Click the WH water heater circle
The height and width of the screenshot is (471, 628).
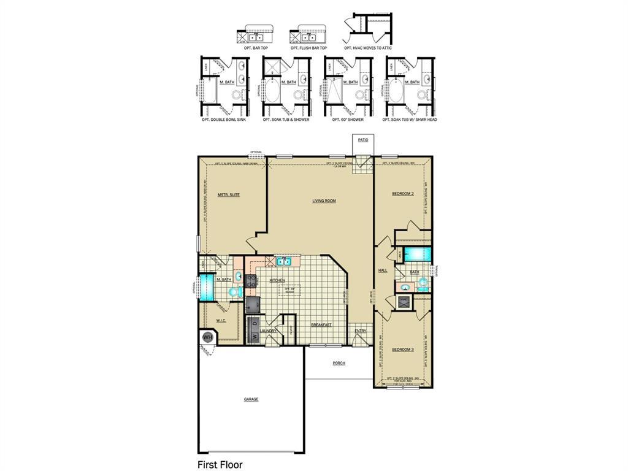pyautogui.click(x=207, y=337)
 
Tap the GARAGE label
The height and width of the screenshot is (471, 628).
pyautogui.click(x=251, y=399)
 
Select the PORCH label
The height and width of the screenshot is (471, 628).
pyautogui.click(x=339, y=363)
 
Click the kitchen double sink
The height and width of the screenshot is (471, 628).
pyautogui.click(x=283, y=262)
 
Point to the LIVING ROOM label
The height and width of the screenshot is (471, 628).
pyautogui.click(x=324, y=201)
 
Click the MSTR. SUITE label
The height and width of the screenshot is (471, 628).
pyautogui.click(x=228, y=195)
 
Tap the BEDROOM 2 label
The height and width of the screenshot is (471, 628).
pyautogui.click(x=403, y=194)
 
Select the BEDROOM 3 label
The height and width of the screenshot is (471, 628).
pyautogui.click(x=403, y=349)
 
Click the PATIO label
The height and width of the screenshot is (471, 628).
pyautogui.click(x=363, y=140)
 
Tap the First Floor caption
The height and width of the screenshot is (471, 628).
pyautogui.click(x=220, y=464)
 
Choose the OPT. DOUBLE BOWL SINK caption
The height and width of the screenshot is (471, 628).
pyautogui.click(x=224, y=120)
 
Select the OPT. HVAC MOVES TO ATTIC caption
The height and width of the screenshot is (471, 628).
pyautogui.click(x=368, y=48)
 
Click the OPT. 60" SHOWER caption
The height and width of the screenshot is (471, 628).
pyautogui.click(x=348, y=120)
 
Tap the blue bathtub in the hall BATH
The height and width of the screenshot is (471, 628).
pyautogui.click(x=418, y=254)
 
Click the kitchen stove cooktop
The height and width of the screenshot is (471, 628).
pyautogui.click(x=251, y=281)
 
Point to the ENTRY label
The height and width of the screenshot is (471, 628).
pyautogui.click(x=360, y=332)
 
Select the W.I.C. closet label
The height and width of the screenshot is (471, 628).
pyautogui.click(x=221, y=320)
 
